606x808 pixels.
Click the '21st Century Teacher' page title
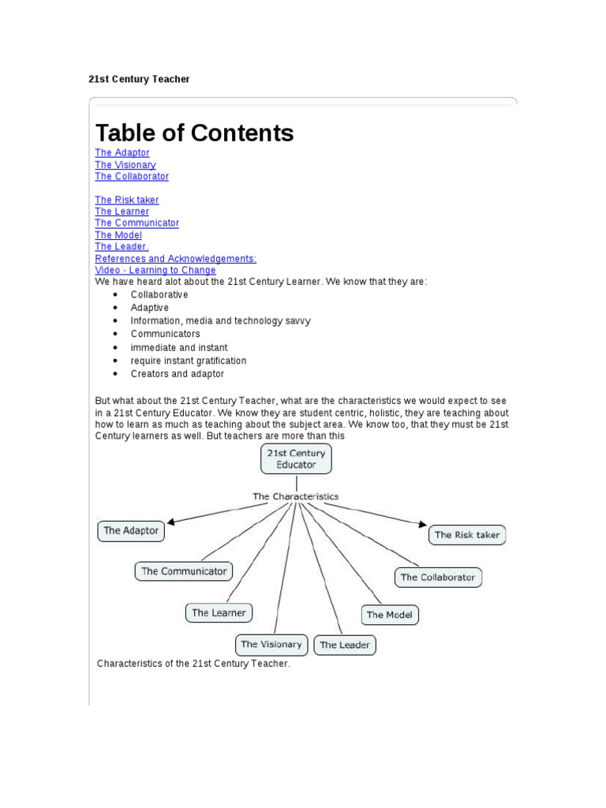click(x=138, y=79)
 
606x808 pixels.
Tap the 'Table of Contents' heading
click(x=194, y=133)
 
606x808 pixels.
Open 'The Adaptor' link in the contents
click(x=122, y=153)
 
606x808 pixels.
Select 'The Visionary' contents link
click(x=125, y=165)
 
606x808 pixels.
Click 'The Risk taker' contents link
click(x=127, y=200)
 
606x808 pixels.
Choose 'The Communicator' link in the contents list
click(x=137, y=223)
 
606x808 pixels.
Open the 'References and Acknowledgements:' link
click(x=175, y=259)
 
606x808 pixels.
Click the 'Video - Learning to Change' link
click(x=155, y=271)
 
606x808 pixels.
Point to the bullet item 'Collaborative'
click(x=159, y=294)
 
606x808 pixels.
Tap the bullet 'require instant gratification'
click(x=189, y=361)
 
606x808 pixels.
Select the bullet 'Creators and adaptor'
click(x=178, y=374)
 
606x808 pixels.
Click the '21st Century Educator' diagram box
click(x=296, y=459)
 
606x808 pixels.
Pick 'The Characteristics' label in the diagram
click(x=295, y=496)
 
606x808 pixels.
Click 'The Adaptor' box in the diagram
click(x=131, y=531)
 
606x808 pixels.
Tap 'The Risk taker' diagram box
click(x=467, y=535)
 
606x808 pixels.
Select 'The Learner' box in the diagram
click(x=219, y=612)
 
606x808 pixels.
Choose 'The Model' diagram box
click(x=390, y=615)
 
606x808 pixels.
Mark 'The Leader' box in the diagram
click(x=345, y=645)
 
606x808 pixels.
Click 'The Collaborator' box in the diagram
click(x=438, y=578)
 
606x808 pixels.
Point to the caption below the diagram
click(x=194, y=664)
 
